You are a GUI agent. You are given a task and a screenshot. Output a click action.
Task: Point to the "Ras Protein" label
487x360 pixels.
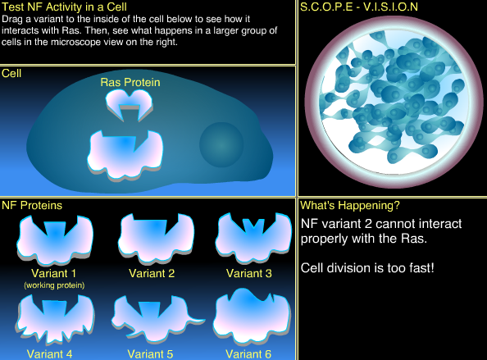130,82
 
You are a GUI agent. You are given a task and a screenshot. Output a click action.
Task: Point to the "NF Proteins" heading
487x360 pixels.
33,205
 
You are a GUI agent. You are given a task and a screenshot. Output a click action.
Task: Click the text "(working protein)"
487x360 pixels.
54,285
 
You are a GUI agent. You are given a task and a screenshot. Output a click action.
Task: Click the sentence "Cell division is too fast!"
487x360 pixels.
366,267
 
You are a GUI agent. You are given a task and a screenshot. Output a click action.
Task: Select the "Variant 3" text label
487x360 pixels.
248,273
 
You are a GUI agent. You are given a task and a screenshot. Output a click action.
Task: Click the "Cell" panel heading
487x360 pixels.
11,73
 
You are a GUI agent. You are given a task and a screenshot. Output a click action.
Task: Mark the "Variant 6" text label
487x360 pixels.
248,354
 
